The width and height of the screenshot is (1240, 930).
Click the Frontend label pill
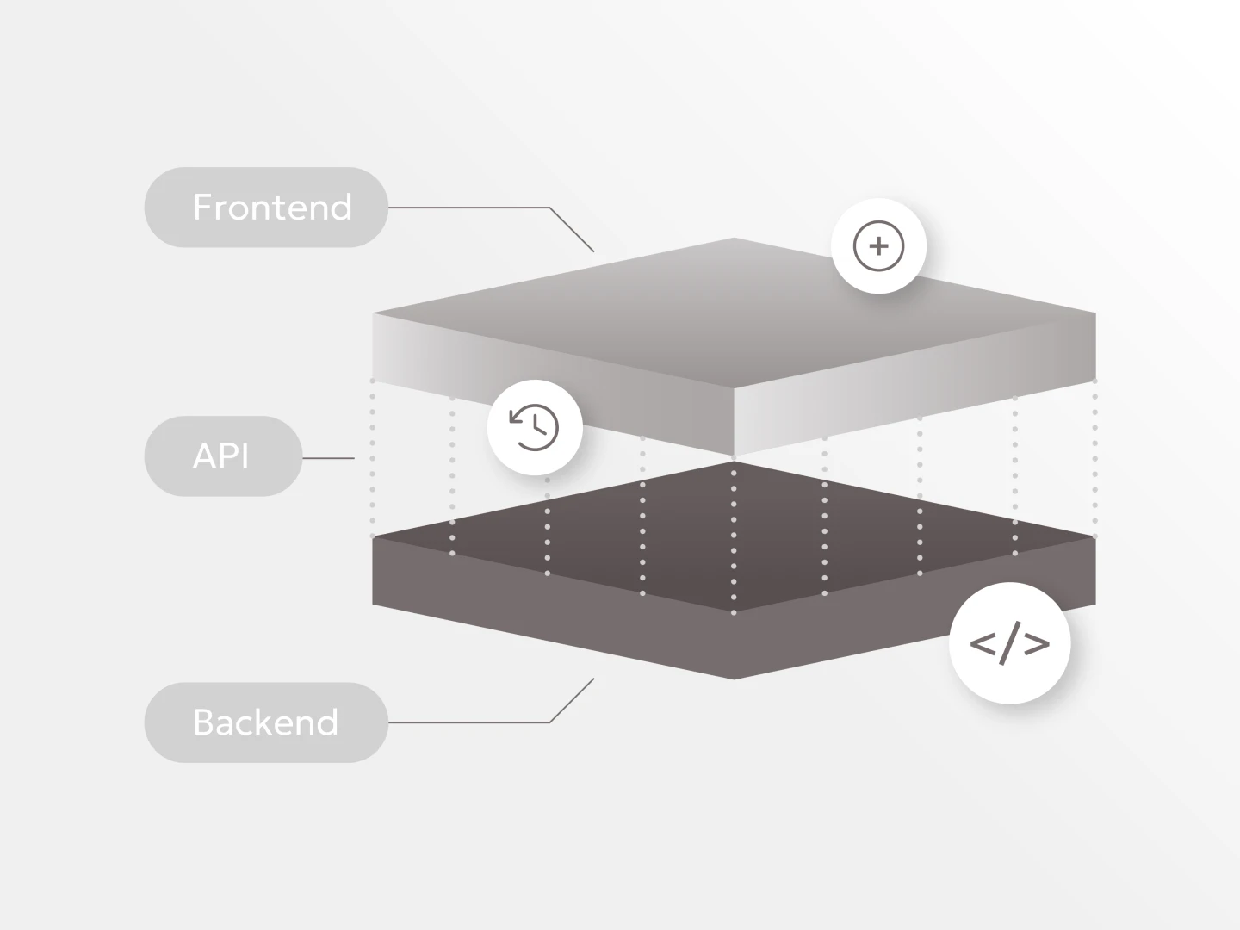pos(266,208)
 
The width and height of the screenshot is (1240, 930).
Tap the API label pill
pos(223,456)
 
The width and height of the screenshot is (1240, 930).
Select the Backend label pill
pos(266,722)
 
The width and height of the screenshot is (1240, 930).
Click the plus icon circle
pos(878,246)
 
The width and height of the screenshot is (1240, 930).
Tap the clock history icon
pos(535,427)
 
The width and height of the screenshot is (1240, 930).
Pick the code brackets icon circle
pos(1009,643)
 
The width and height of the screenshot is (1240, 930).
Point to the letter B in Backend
pos(204,722)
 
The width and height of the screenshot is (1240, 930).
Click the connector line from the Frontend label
pos(482,208)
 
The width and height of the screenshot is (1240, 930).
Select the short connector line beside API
pos(328,458)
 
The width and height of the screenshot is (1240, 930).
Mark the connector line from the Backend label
pos(482,722)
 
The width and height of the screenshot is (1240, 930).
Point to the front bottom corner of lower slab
pos(734,679)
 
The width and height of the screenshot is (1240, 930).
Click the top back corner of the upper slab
pos(734,239)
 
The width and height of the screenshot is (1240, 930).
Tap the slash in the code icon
pos(1009,644)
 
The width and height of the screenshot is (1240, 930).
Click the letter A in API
pos(203,456)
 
